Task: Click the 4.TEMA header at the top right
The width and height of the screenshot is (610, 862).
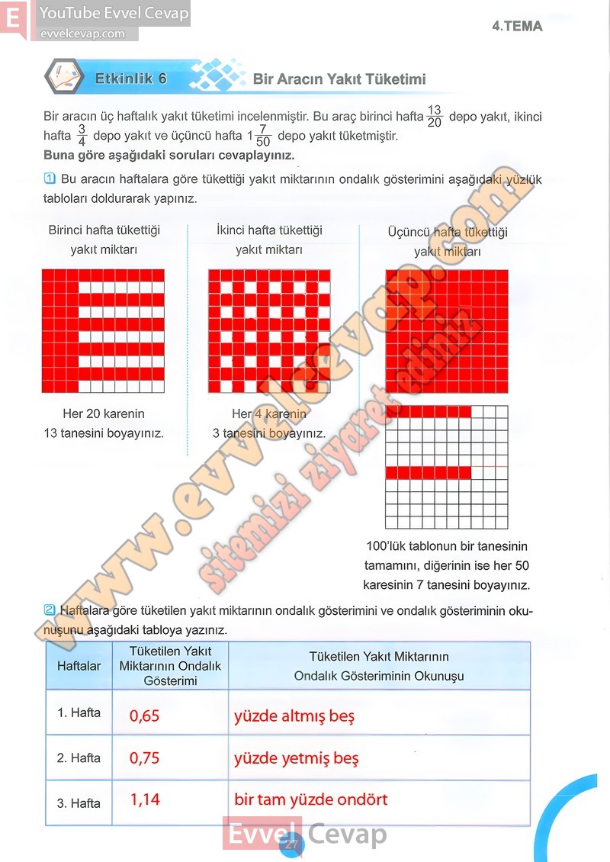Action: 517,26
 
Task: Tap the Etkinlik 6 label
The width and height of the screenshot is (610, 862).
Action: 130,79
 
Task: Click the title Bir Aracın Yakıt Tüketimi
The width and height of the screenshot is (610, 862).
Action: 339,79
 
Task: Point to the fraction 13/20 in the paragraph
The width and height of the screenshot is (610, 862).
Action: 435,116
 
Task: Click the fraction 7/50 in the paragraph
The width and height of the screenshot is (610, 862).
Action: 264,137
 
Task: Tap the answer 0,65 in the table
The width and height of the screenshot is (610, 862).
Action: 145,716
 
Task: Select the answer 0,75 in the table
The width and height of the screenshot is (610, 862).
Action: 145,757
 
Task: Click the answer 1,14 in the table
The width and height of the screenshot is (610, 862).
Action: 145,799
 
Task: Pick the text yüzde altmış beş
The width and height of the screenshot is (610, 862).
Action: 294,716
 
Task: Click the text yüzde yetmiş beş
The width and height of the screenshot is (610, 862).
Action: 296,758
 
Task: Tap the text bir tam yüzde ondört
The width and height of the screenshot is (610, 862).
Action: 311,799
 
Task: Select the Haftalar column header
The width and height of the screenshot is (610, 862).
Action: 79,666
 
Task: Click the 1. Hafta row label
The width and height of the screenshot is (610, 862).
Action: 79,713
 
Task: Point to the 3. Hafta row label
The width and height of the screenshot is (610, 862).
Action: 79,803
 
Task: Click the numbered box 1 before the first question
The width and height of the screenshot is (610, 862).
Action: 50,179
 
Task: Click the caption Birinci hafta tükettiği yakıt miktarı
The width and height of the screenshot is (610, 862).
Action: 104,240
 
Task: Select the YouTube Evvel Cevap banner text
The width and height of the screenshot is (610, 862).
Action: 114,14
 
